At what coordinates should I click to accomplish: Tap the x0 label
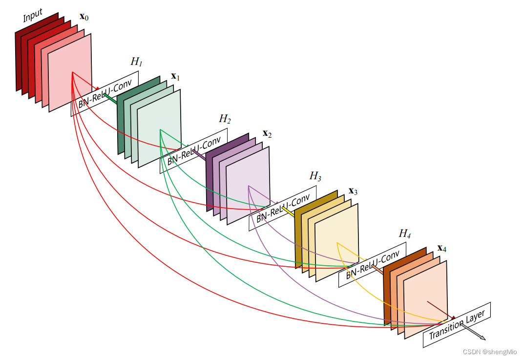84,17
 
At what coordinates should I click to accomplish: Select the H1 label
136,62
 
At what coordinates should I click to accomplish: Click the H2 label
225,119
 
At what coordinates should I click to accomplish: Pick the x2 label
267,133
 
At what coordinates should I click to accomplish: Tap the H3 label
315,176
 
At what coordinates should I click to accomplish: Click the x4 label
441,248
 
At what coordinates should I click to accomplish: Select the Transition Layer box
456,325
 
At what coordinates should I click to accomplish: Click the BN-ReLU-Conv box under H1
105,93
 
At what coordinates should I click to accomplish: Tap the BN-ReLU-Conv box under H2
193,150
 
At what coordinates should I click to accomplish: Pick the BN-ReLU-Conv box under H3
283,208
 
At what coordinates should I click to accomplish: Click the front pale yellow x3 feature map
337,242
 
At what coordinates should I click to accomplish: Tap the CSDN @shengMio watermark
490,352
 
